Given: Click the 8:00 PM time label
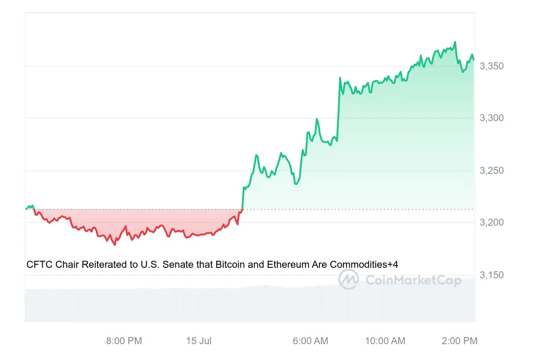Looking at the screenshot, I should [x=124, y=341].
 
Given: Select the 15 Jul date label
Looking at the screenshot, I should [x=199, y=341].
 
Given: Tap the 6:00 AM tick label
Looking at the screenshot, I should [x=310, y=341].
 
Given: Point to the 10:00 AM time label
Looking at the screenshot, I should [x=385, y=341].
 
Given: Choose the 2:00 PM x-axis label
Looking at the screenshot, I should [x=460, y=341].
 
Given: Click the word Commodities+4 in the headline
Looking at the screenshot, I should [x=364, y=264].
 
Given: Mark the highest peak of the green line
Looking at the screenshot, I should [x=455, y=42].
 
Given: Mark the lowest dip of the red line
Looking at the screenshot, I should [x=115, y=245].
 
